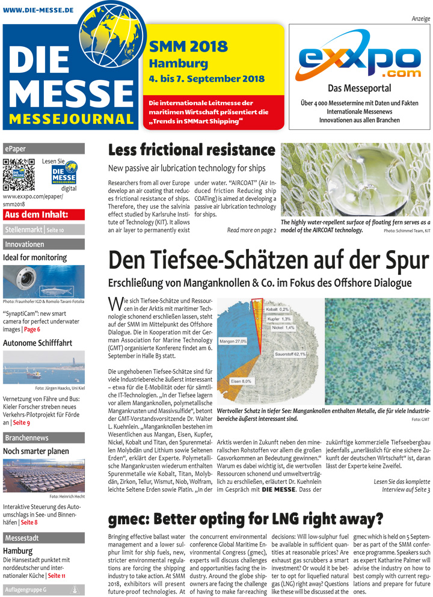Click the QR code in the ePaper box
[x=19, y=174]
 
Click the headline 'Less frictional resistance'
[x=191, y=150]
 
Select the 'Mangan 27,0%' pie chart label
[x=233, y=341]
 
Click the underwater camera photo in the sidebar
[x=43, y=282]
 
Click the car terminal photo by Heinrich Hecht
[x=43, y=476]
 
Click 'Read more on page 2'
[x=251, y=230]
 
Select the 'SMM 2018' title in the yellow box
[x=188, y=46]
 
